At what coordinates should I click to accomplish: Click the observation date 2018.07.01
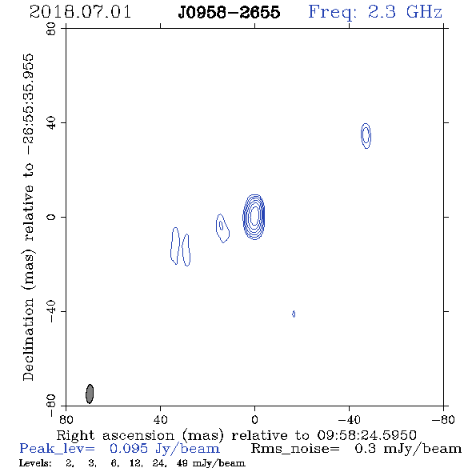80,12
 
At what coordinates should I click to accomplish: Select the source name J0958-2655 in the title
229,12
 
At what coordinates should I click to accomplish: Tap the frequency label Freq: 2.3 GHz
375,12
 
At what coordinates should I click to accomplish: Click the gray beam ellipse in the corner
90,394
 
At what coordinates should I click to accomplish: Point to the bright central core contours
254,217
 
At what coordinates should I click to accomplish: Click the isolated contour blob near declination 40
366,136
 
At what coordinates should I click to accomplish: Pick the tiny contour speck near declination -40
294,314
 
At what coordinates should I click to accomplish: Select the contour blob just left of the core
222,228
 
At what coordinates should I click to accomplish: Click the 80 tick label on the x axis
66,419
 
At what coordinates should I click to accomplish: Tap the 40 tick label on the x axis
161,419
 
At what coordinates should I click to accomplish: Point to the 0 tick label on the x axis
254,419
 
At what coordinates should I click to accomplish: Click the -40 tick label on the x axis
349,419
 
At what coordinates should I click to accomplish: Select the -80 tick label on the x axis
443,419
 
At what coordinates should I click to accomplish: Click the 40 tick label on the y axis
51,123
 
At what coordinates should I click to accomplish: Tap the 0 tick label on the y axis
51,217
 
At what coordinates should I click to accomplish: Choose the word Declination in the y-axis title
28,339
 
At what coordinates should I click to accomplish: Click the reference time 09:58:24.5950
367,435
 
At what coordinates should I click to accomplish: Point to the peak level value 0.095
129,449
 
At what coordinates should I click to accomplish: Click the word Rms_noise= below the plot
296,449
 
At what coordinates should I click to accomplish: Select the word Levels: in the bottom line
35,462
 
